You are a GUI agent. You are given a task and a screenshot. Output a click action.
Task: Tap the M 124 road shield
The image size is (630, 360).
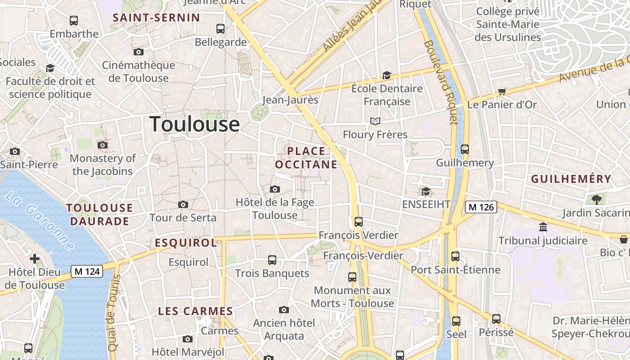(87, 271)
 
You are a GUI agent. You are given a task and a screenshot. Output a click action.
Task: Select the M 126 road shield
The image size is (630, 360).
(481, 207)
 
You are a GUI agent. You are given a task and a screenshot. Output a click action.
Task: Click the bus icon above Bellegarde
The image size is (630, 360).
(220, 29)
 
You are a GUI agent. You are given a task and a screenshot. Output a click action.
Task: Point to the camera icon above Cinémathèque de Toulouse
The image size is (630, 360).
(139, 52)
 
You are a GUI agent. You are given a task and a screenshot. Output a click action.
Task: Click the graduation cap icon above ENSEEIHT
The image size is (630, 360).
(426, 192)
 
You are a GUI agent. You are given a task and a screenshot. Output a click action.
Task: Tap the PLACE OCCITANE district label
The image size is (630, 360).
(306, 157)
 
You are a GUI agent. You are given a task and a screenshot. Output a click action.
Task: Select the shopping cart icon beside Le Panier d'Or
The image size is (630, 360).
(502, 92)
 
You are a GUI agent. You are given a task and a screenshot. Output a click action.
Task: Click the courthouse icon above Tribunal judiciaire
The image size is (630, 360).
(543, 227)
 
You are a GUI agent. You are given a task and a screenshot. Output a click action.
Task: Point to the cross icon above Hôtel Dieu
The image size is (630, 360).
(35, 259)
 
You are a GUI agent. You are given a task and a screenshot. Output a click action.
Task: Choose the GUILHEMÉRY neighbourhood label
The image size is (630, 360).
(571, 179)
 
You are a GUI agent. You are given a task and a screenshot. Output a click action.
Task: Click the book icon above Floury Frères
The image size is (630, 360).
(375, 121)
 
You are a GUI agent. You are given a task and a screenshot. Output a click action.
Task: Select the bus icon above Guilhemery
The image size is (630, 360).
(465, 149)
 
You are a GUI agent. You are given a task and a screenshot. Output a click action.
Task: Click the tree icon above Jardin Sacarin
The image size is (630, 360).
(597, 199)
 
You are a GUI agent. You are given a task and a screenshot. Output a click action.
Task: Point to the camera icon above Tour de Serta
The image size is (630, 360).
(183, 205)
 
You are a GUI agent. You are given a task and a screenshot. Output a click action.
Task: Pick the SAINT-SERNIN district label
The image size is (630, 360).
(156, 18)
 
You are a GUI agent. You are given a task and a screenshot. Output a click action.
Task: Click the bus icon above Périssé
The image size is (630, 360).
(496, 319)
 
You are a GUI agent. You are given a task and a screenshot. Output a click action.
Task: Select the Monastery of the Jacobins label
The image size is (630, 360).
(103, 165)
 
